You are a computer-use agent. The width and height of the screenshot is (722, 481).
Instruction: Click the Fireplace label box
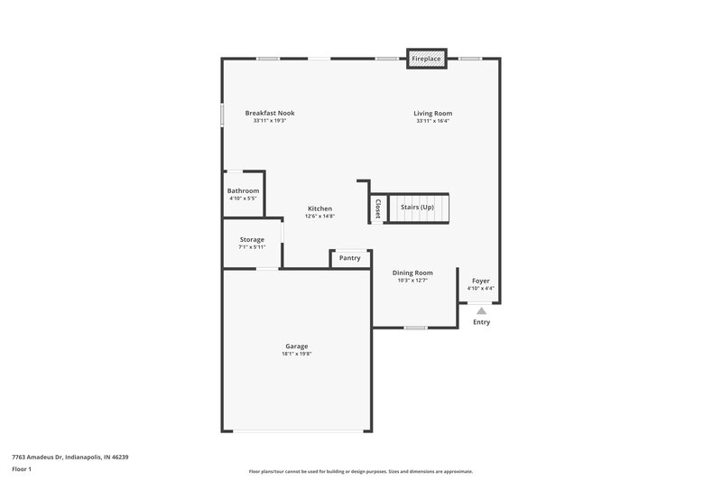coord(427,59)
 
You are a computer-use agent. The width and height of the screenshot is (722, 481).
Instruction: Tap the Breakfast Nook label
coord(270,113)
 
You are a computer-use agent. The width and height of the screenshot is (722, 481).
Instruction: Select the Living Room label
coord(433,113)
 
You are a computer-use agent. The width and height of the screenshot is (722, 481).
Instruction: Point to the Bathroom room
coord(244,194)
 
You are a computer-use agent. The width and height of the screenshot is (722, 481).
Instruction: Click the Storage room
coord(252,243)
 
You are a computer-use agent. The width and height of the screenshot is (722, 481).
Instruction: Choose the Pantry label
coord(350,258)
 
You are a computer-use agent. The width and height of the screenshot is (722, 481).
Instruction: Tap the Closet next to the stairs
coord(377,209)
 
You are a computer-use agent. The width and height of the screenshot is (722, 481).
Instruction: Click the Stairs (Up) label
coord(418,208)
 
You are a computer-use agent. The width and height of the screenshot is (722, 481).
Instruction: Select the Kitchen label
coord(319,208)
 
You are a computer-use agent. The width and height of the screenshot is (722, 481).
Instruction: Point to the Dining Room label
coord(412,273)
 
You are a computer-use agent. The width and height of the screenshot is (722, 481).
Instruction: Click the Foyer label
coord(481,281)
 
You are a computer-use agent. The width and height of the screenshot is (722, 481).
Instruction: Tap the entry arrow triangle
coord(481,310)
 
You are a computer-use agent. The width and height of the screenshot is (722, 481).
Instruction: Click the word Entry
coord(481,322)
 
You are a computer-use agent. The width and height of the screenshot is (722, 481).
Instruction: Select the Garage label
coord(297,346)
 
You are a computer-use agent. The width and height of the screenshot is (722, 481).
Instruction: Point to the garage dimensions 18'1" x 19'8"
coord(297,354)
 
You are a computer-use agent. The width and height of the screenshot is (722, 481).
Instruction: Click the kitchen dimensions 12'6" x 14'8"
coord(319,217)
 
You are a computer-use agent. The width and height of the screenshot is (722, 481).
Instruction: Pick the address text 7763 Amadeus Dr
coord(70,458)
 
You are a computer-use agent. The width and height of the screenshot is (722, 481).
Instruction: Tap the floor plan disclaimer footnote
coord(361,471)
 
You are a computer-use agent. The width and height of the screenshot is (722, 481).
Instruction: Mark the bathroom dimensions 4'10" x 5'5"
coord(244,199)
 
